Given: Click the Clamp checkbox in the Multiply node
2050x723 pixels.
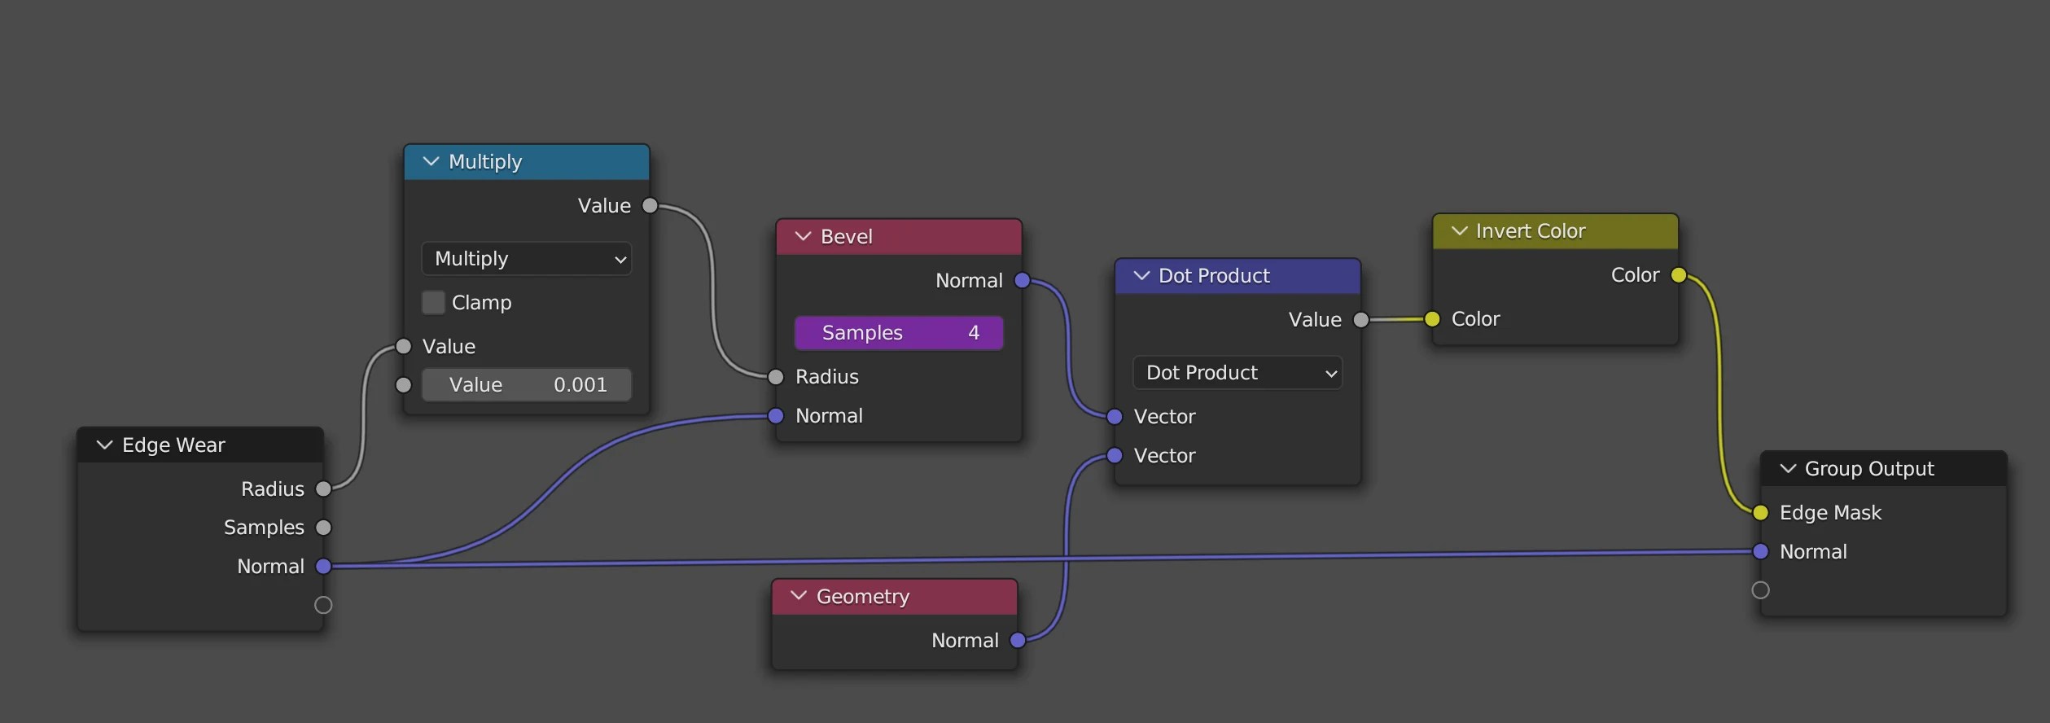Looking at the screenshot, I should tap(433, 302).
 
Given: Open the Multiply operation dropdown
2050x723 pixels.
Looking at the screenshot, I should tap(526, 259).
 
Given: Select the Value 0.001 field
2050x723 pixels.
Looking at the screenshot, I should tap(526, 384).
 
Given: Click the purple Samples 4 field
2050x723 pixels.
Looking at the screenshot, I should tap(898, 332).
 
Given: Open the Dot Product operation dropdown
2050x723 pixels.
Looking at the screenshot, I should tap(1237, 373).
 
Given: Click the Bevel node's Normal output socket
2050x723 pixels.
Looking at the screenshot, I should tap(1022, 281).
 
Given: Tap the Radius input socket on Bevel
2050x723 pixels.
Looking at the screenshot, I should tap(776, 377).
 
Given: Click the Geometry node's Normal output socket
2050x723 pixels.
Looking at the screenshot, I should tap(1018, 641).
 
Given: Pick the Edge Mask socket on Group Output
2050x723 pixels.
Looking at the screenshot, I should tap(1760, 513).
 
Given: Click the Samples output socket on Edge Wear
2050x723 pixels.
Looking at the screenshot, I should tap(323, 528).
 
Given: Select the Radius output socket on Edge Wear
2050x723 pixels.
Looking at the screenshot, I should tap(323, 489).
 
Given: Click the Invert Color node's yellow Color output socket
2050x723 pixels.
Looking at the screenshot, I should tap(1679, 275).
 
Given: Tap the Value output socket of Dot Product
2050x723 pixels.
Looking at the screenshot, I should tap(1360, 320).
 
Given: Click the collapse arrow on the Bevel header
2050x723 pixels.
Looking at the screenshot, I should tap(803, 237).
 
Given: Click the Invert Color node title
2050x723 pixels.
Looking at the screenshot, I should tap(1530, 231).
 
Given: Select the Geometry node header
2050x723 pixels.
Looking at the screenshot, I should tap(894, 597).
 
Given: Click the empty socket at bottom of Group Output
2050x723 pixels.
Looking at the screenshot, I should tap(1760, 590).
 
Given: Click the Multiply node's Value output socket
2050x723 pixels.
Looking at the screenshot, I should tap(650, 206).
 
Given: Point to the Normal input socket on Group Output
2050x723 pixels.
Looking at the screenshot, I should tap(1760, 552).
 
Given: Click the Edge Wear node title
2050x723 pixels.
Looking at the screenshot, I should tap(173, 445).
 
